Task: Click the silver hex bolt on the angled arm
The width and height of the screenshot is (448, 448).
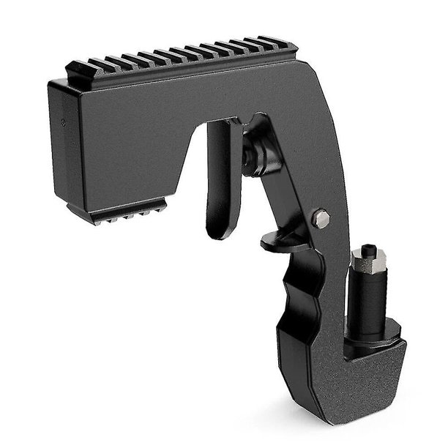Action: [x=320, y=217]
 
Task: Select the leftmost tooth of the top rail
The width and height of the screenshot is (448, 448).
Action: [x=77, y=70]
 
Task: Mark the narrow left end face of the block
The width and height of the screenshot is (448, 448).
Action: [x=58, y=139]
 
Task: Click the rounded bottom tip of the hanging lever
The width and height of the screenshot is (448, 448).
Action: [x=220, y=233]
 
